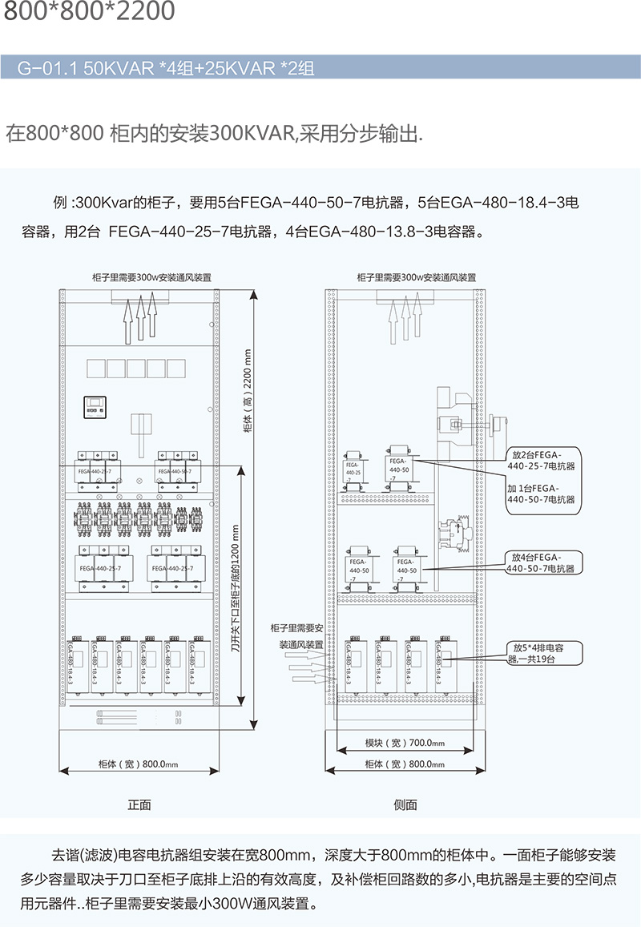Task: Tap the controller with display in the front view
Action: tap(96, 408)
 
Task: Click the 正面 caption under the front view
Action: tap(139, 804)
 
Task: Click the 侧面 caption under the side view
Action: tap(405, 804)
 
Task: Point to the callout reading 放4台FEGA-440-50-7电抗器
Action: tap(544, 562)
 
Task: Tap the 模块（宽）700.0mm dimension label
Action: tap(405, 743)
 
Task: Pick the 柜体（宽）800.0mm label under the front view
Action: tap(138, 764)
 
